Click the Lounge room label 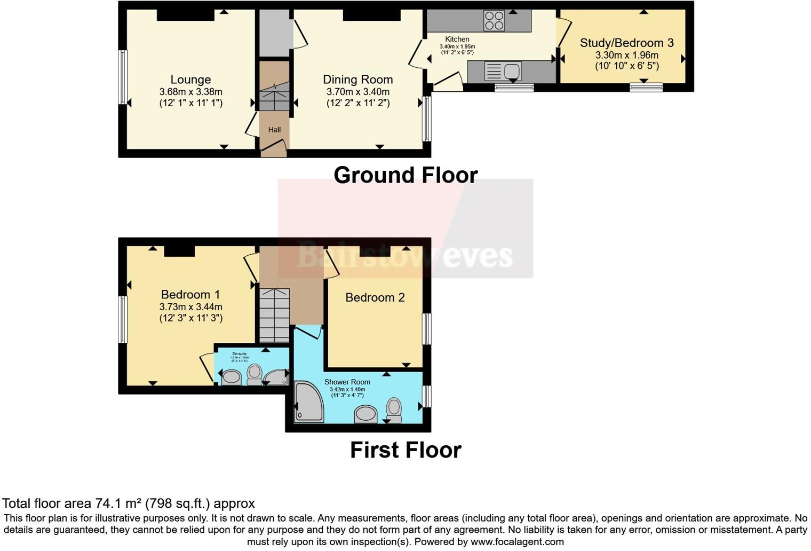click(x=190, y=80)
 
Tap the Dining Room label click(x=358, y=80)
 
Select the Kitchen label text click(x=457, y=39)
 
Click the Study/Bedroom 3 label click(x=626, y=43)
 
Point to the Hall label click(x=274, y=130)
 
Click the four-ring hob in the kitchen click(x=494, y=21)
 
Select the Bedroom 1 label click(x=190, y=295)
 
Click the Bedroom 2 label click(x=375, y=298)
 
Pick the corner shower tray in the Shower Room click(x=307, y=402)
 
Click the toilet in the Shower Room click(x=394, y=410)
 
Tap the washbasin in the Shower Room click(x=365, y=414)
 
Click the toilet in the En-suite click(x=255, y=373)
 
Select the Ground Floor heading click(x=405, y=175)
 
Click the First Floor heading click(x=405, y=450)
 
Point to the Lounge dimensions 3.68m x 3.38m click(x=190, y=92)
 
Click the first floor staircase click(x=274, y=315)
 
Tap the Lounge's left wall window click(x=123, y=77)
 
